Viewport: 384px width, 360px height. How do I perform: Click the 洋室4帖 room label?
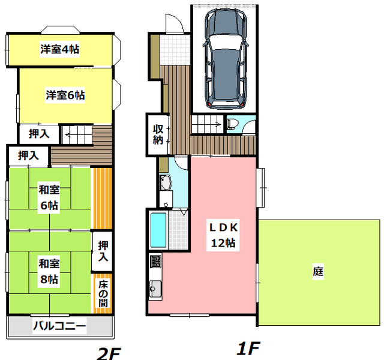pyautogui.click(x=60, y=49)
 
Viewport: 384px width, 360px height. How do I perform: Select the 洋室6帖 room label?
pyautogui.click(x=65, y=95)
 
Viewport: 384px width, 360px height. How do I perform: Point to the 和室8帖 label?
pyautogui.click(x=49, y=271)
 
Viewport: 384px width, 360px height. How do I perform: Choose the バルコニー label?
pyautogui.click(x=59, y=327)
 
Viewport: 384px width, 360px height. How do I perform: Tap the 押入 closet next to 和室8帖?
pyautogui.click(x=103, y=251)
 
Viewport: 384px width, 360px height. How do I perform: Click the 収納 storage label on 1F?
pyautogui.click(x=158, y=134)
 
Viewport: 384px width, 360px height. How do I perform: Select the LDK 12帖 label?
pyautogui.click(x=224, y=235)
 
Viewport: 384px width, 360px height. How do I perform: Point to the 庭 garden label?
pyautogui.click(x=318, y=271)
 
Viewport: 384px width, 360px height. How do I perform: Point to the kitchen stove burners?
pyautogui.click(x=155, y=262)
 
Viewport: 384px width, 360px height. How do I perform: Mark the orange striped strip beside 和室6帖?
pyautogui.click(x=102, y=198)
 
